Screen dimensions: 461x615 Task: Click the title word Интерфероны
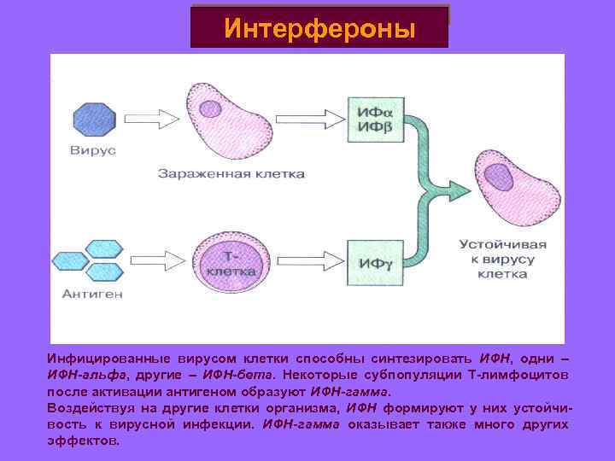[319, 28]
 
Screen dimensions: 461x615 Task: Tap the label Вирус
[94, 152]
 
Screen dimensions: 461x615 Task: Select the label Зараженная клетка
[231, 172]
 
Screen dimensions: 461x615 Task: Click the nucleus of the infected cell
[210, 108]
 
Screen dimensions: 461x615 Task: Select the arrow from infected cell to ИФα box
[314, 119]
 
